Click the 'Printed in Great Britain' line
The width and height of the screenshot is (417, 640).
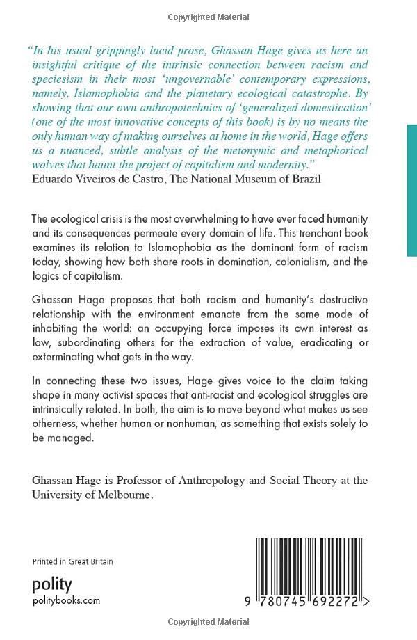coord(73,561)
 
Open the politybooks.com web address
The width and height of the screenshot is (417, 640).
coord(67,600)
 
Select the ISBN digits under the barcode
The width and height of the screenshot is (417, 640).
coord(309,603)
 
